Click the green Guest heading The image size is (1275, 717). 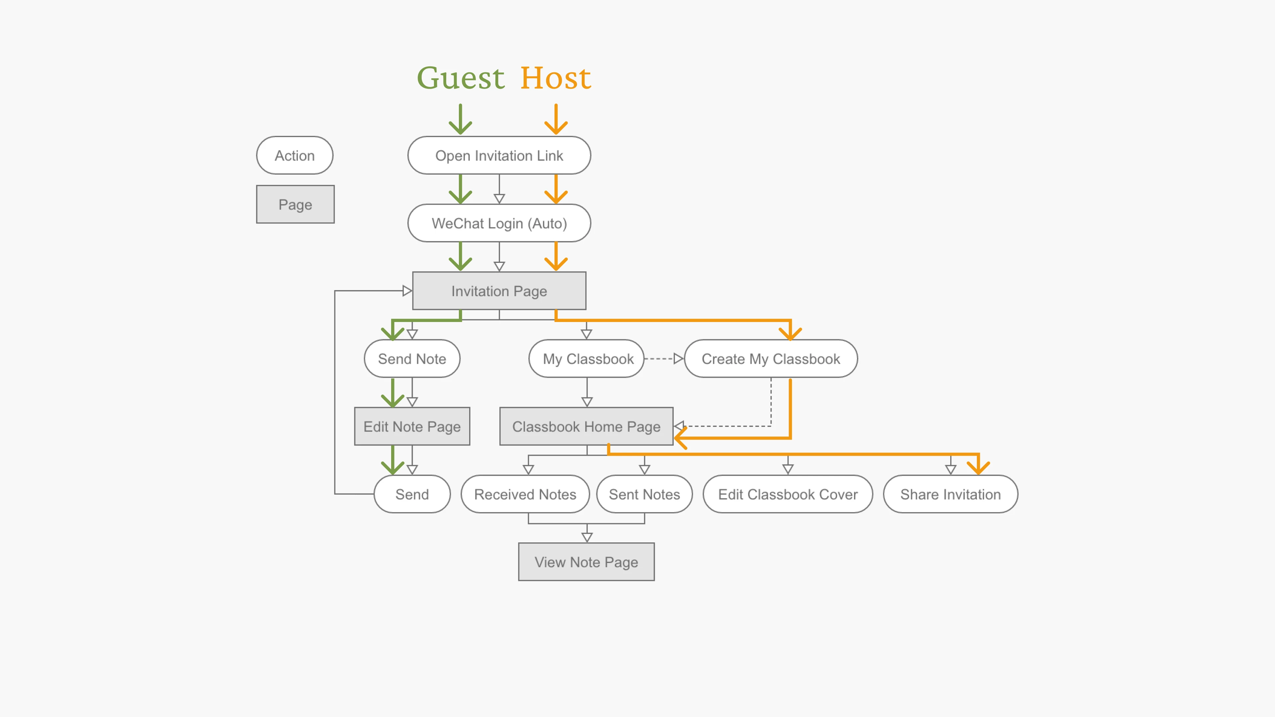tap(460, 78)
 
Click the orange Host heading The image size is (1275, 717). tap(555, 78)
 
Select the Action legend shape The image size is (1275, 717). tap(295, 155)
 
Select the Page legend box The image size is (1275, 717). tap(295, 204)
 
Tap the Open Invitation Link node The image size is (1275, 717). tap(499, 155)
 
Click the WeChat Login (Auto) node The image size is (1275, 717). tap(499, 223)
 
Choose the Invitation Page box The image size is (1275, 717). tap(499, 291)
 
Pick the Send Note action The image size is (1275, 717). tap(412, 359)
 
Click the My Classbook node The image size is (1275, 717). tap(587, 359)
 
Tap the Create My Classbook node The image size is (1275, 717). tap(771, 359)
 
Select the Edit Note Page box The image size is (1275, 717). tap(412, 427)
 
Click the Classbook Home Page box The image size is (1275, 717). tap(586, 427)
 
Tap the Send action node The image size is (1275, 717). tap(412, 494)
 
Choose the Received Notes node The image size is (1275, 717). tap(525, 494)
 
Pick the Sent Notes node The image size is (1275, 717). tap(644, 494)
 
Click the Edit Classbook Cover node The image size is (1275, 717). tap(788, 494)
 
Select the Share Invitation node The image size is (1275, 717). tap(950, 494)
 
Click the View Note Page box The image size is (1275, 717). tap(586, 562)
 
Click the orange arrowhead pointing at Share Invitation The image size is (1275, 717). tap(978, 468)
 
